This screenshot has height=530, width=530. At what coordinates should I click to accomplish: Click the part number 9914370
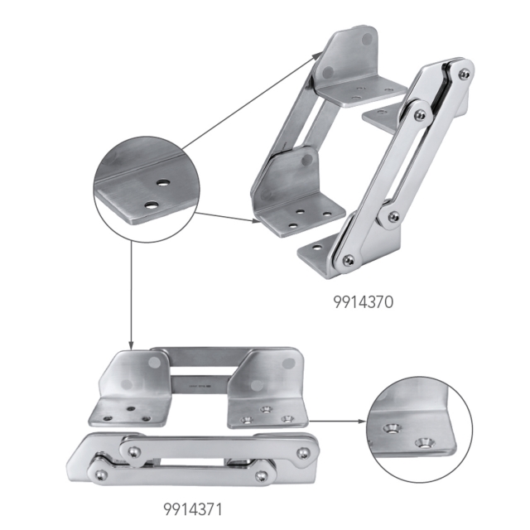pos(359,303)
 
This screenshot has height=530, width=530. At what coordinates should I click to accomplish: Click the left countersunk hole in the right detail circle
pos(390,430)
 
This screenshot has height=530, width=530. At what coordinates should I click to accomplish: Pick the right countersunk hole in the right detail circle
pos(426,442)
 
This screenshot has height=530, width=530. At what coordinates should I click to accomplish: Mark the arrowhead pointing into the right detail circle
pos(361,421)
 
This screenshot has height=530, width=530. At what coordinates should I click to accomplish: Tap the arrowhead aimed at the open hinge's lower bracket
pos(255,221)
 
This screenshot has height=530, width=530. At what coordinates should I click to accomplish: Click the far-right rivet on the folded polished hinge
pos(305,453)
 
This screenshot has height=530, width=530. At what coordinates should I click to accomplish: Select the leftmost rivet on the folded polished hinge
pos(100,474)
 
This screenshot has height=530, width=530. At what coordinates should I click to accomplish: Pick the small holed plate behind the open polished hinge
pos(382,115)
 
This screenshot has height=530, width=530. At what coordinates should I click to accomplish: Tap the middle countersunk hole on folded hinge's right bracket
pos(266,409)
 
